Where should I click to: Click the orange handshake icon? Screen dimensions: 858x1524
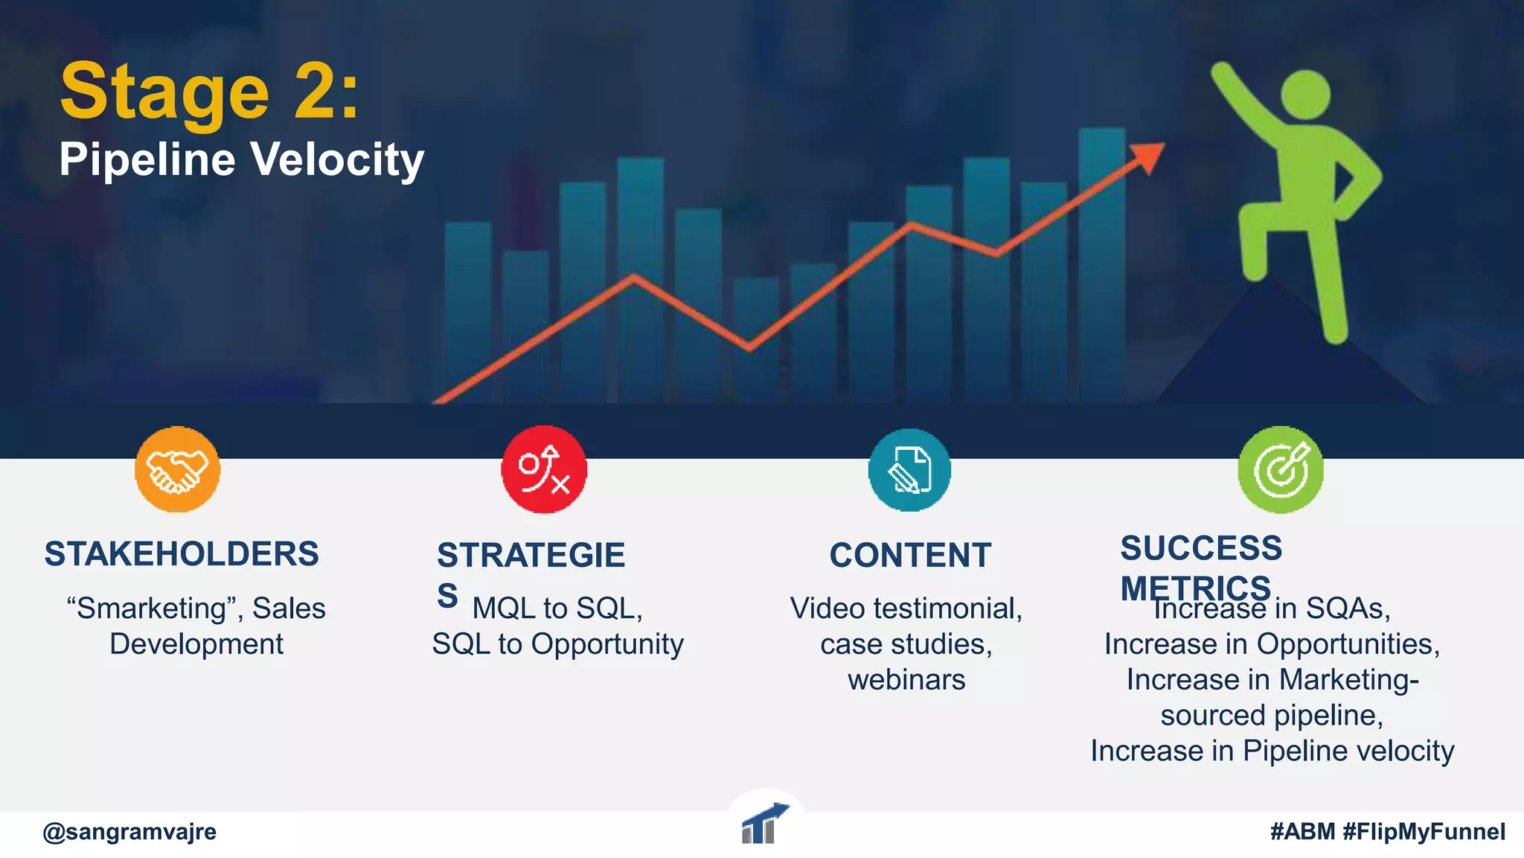point(177,470)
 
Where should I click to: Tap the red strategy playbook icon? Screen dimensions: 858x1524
point(544,470)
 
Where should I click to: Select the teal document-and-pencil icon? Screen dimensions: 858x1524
point(909,470)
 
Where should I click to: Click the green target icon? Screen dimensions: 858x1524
point(1280,470)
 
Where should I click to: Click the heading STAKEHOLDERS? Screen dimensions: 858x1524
point(182,554)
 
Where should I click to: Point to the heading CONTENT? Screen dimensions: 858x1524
point(910,556)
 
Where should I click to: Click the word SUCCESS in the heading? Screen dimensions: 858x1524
point(1201,548)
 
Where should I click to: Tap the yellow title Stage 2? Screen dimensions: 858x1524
point(209,92)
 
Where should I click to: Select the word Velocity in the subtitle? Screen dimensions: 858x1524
point(336,159)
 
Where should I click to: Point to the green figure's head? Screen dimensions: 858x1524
point(1306,94)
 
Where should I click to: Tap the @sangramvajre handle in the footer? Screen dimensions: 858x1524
point(129,831)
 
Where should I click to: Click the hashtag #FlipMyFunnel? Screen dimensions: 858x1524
point(1424,831)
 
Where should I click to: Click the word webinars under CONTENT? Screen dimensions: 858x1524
point(906,679)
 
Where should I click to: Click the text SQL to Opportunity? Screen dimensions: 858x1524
point(557,644)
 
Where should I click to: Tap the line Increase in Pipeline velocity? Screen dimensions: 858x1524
point(1272,751)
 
